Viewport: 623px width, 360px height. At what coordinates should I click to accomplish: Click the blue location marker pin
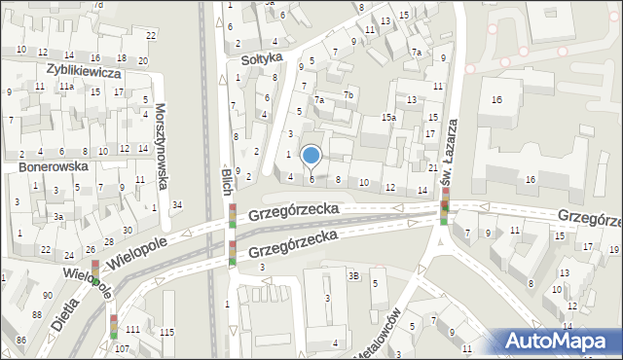[x=311, y=156]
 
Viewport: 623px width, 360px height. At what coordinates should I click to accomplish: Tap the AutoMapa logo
[x=559, y=341]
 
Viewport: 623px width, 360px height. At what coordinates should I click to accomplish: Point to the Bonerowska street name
[x=54, y=166]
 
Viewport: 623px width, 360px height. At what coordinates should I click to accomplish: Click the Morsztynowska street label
[x=162, y=137]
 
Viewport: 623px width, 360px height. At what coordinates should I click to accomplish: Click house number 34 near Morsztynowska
[x=176, y=204]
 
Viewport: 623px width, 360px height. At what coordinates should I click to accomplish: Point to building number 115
[x=166, y=334]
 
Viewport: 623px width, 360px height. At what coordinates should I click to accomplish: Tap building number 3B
[x=354, y=277]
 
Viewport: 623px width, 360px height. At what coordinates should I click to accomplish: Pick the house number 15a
[x=388, y=118]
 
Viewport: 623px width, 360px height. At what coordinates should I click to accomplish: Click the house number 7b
[x=348, y=93]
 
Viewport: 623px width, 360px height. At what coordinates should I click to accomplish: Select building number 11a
[x=65, y=87]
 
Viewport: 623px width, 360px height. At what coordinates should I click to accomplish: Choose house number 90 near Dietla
[x=47, y=295]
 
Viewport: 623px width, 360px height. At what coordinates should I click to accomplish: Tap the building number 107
[x=121, y=348]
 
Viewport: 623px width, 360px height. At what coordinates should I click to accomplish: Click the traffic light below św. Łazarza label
[x=445, y=207]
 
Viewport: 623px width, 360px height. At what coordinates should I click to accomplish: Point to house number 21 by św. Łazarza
[x=432, y=168]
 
